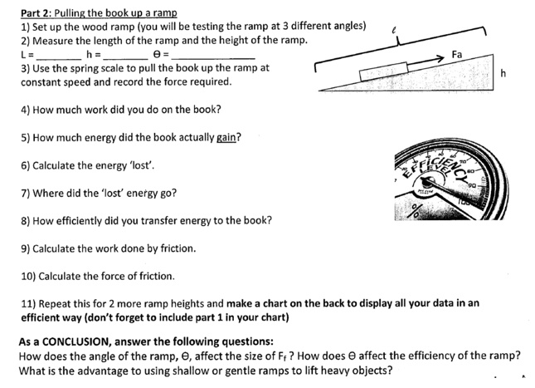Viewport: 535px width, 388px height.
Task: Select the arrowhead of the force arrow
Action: coord(440,57)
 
